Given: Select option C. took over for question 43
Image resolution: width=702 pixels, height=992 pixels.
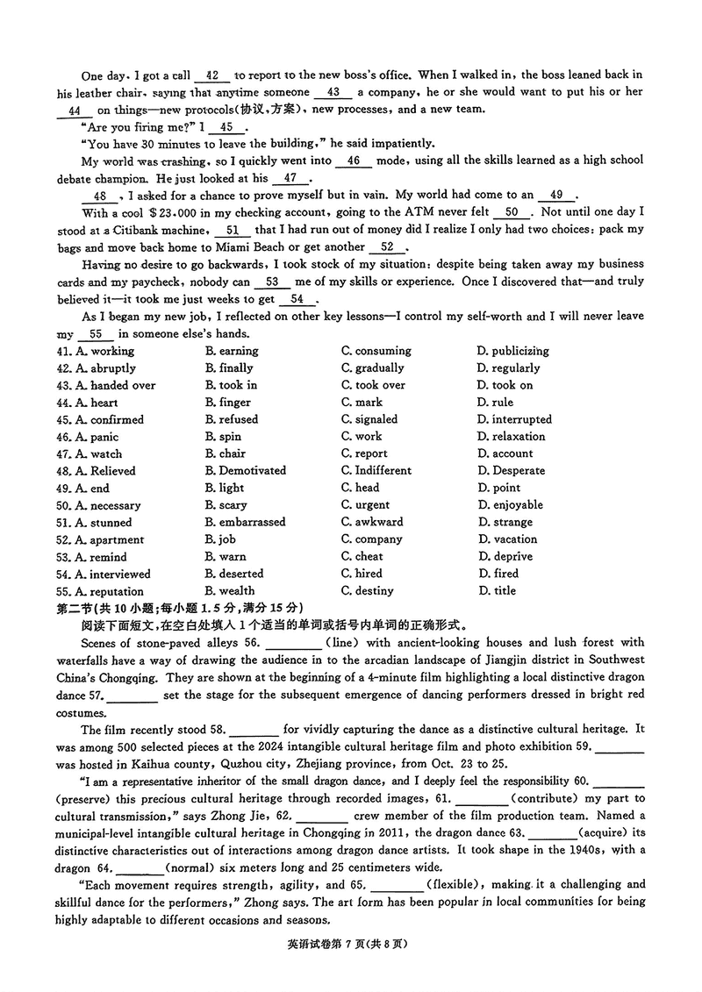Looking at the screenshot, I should point(374,385).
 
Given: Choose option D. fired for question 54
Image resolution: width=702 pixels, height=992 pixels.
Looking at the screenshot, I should point(498,574).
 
